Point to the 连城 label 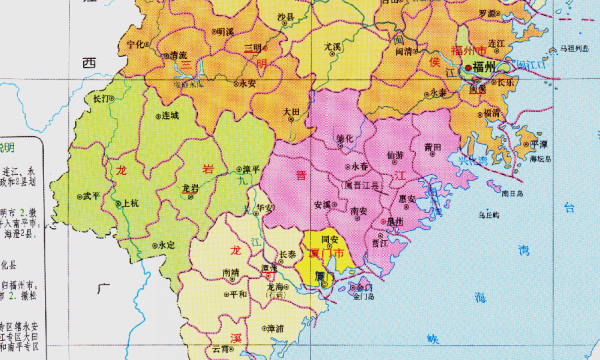(x=171, y=116)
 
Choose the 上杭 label (x=130, y=202)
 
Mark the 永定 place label (x=165, y=244)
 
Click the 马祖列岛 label (x=577, y=47)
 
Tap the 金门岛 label (x=364, y=296)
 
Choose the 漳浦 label (x=272, y=327)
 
